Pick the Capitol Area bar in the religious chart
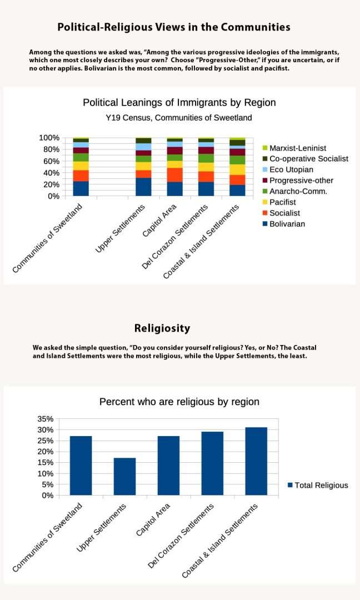pyautogui.click(x=168, y=465)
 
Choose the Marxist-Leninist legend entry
pyautogui.click(x=298, y=148)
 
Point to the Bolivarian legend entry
pyautogui.click(x=287, y=224)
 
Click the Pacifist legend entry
pyautogui.click(x=282, y=202)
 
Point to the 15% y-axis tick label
pyautogui.click(x=46, y=463)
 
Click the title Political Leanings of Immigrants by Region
pyautogui.click(x=179, y=103)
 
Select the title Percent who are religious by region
pyautogui.click(x=179, y=402)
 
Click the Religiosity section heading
pyautogui.click(x=162, y=328)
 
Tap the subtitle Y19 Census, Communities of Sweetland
pyautogui.click(x=179, y=118)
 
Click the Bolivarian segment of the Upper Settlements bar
pyautogui.click(x=143, y=187)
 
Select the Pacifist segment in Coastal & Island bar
pyautogui.click(x=237, y=169)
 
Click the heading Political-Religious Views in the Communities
pyautogui.click(x=174, y=27)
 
